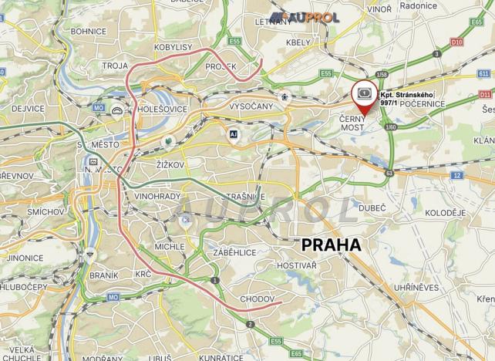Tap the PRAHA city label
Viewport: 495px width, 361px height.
(332, 245)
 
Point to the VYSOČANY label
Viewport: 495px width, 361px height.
(251, 106)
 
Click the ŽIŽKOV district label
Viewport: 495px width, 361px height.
(171, 165)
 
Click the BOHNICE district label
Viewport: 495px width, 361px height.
(88, 32)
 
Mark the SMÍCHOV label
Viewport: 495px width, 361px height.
(44, 211)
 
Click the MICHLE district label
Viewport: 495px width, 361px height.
(169, 246)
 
